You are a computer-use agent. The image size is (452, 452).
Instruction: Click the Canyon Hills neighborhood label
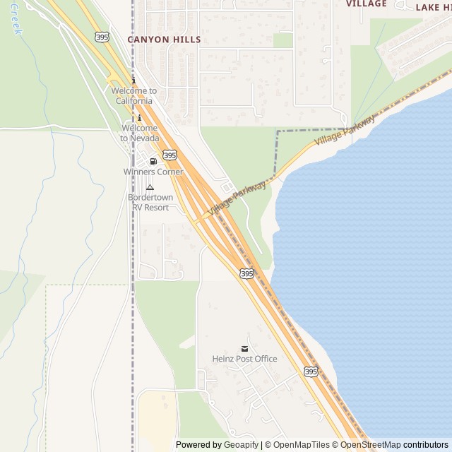[x=164, y=40]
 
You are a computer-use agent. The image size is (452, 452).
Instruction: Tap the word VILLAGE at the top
[x=367, y=4]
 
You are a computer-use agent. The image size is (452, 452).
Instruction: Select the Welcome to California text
[x=133, y=96]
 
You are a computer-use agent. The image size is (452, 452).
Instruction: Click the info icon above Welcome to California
[x=133, y=81]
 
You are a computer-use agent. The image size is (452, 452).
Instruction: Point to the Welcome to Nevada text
[x=139, y=133]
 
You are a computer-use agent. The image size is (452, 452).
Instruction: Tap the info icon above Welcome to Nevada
[x=139, y=117]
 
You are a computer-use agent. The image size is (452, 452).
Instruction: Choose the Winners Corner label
[x=153, y=172]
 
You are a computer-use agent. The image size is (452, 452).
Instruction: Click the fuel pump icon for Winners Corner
[x=153, y=162]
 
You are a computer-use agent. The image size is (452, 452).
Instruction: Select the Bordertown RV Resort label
[x=149, y=203]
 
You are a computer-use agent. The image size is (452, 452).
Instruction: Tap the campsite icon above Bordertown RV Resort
[x=150, y=187]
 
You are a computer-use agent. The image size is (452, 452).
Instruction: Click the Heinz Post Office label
[x=244, y=359]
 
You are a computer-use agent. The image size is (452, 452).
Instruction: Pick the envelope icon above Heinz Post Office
[x=244, y=348]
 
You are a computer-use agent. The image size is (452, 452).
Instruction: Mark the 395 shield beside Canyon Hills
[x=102, y=36]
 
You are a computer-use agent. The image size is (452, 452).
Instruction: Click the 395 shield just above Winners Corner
[x=169, y=154]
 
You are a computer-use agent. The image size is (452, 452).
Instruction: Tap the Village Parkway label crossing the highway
[x=237, y=198]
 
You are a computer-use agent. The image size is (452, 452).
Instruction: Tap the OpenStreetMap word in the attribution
[x=370, y=445]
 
